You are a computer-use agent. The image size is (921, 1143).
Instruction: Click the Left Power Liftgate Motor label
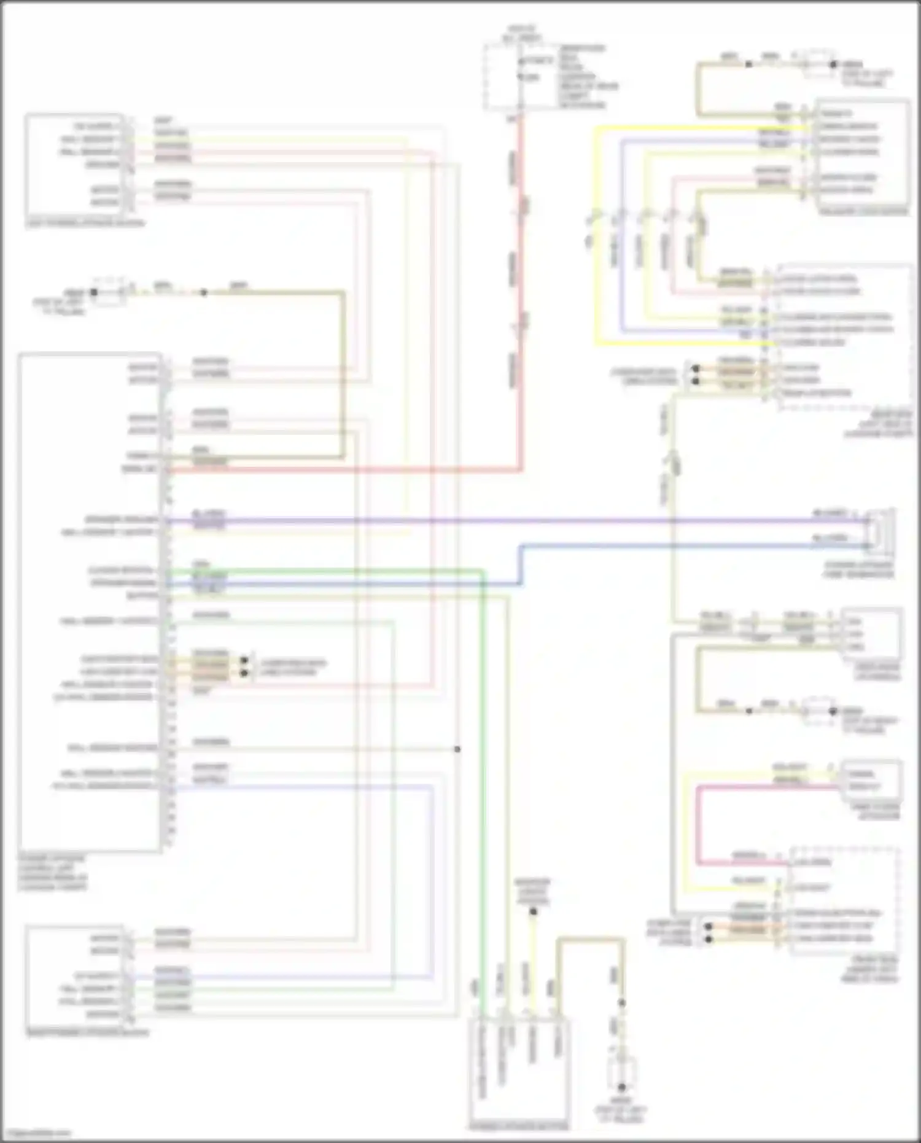click(x=85, y=222)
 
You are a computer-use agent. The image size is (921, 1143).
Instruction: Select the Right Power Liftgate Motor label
click(x=87, y=1032)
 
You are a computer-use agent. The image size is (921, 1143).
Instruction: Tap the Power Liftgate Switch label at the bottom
click(x=519, y=1127)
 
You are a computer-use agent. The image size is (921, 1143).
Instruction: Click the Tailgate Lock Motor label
click(x=864, y=211)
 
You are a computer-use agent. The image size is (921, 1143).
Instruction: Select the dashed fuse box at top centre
click(x=503, y=77)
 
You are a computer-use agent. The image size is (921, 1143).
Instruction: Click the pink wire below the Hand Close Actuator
click(x=698, y=823)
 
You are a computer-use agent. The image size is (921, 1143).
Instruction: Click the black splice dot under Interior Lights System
click(x=533, y=912)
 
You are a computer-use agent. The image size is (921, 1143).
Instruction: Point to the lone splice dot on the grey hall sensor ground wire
click(x=457, y=749)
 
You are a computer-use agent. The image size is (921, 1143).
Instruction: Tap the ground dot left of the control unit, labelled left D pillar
click(x=94, y=293)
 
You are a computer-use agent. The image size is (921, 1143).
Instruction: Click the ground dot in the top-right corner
click(x=833, y=64)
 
